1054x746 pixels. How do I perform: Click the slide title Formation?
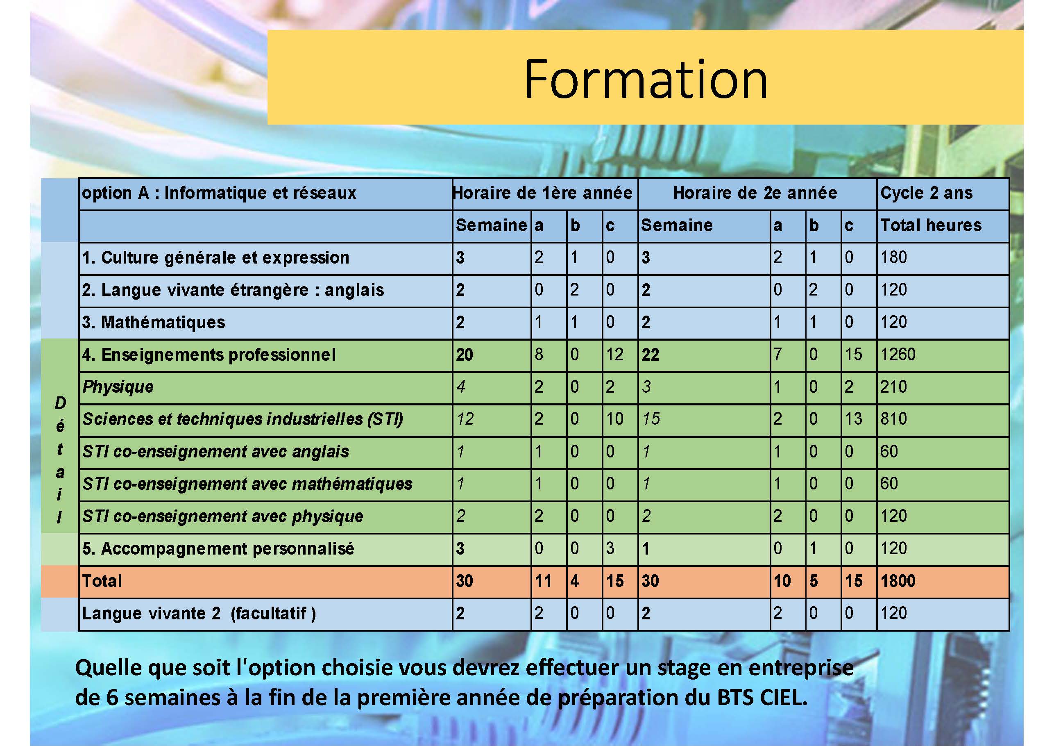646,79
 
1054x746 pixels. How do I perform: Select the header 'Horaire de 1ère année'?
542,193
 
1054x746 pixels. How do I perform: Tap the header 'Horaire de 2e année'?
755,193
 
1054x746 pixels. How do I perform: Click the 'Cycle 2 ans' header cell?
926,193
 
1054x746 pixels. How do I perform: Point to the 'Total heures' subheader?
931,225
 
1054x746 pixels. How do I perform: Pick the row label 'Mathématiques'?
154,322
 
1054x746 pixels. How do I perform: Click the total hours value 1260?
898,354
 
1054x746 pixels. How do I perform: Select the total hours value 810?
894,418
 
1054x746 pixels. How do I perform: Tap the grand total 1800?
898,581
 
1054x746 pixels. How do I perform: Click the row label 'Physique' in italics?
118,387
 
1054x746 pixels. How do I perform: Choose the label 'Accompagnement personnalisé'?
218,548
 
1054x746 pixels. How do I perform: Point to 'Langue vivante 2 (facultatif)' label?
199,613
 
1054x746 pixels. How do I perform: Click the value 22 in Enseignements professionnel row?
650,355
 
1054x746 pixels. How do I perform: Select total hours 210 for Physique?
894,387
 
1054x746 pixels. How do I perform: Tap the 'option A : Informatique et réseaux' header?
220,193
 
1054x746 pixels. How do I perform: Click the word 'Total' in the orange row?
102,581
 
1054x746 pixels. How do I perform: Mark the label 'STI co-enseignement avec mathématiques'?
247,484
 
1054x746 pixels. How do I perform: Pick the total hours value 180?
894,257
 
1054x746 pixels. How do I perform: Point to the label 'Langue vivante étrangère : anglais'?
233,290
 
